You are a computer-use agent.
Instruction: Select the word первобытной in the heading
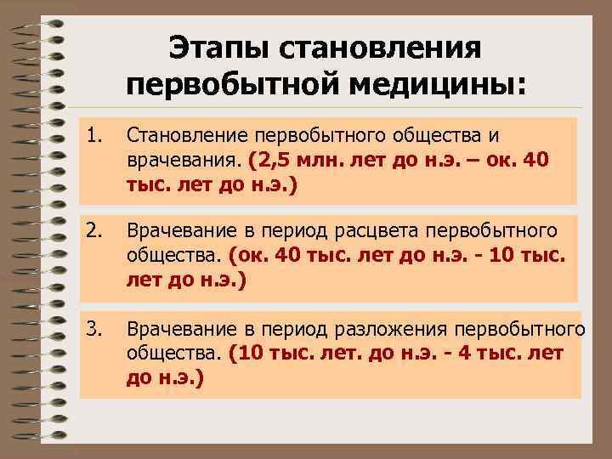229,86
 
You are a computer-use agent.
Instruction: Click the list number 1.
94,133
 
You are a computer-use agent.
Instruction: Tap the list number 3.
94,327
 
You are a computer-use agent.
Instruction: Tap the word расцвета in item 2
379,231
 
